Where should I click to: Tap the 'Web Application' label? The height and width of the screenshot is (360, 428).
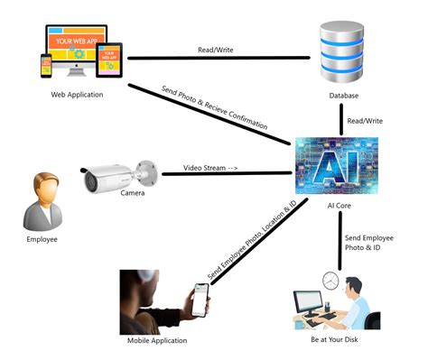point(77,95)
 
